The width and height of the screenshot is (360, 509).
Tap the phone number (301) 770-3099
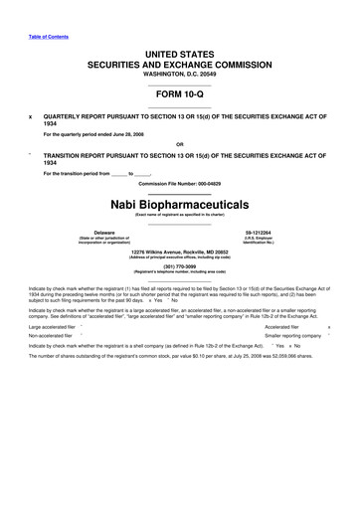click(179, 264)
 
